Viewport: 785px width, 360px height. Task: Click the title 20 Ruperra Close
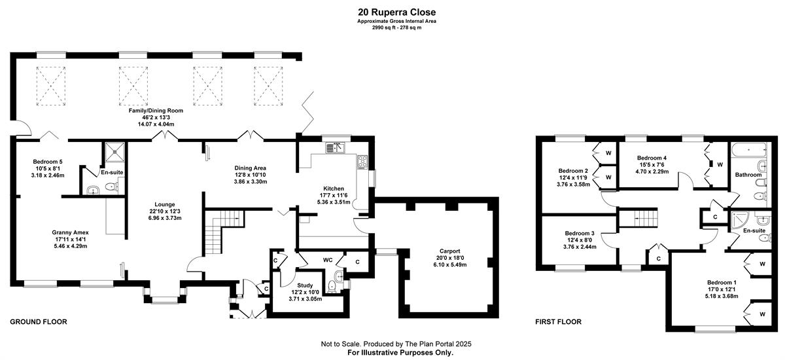396,12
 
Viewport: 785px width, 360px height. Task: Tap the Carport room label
449,251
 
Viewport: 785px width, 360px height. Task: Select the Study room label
305,285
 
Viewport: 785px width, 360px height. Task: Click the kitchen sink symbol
336,147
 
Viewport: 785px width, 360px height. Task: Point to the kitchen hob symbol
362,162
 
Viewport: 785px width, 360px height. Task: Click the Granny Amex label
70,232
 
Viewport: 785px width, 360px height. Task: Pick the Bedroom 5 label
48,162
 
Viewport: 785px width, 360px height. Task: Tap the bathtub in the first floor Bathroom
749,150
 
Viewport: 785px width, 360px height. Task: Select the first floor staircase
638,218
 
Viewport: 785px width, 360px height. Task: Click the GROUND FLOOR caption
39,322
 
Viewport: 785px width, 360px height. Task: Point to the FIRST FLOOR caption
558,322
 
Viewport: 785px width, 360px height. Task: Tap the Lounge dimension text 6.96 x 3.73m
165,218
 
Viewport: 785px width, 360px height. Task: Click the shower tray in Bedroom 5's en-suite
115,152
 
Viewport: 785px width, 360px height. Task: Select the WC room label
328,260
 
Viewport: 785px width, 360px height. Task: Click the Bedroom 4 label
652,158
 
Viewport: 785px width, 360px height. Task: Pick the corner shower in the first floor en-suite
739,218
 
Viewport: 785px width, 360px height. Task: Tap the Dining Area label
250,168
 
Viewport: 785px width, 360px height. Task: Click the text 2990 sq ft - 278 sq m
396,27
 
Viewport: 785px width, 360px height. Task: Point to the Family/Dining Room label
156,111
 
